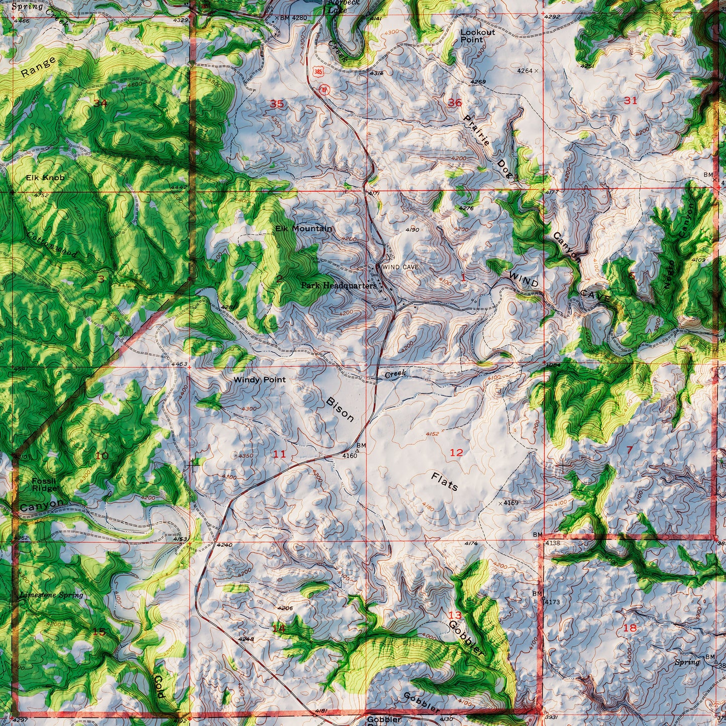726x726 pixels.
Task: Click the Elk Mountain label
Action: (303, 229)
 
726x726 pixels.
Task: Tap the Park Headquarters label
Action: (339, 285)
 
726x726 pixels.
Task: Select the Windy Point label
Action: (259, 380)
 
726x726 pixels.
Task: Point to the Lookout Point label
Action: (477, 36)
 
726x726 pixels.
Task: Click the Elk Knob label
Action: (45, 177)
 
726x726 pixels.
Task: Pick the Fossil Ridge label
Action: (44, 484)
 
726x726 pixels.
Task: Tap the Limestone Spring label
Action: (51, 595)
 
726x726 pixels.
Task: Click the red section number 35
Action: (277, 104)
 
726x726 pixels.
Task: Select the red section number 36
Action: (455, 103)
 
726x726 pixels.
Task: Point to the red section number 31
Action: (630, 100)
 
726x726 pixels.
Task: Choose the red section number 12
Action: (456, 453)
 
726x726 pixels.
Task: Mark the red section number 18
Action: (630, 628)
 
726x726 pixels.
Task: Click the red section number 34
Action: (100, 103)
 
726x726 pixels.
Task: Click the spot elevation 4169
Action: (510, 503)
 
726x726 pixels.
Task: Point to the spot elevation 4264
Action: (526, 71)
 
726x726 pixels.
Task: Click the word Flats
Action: (445, 481)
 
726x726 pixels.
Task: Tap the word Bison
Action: (340, 408)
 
